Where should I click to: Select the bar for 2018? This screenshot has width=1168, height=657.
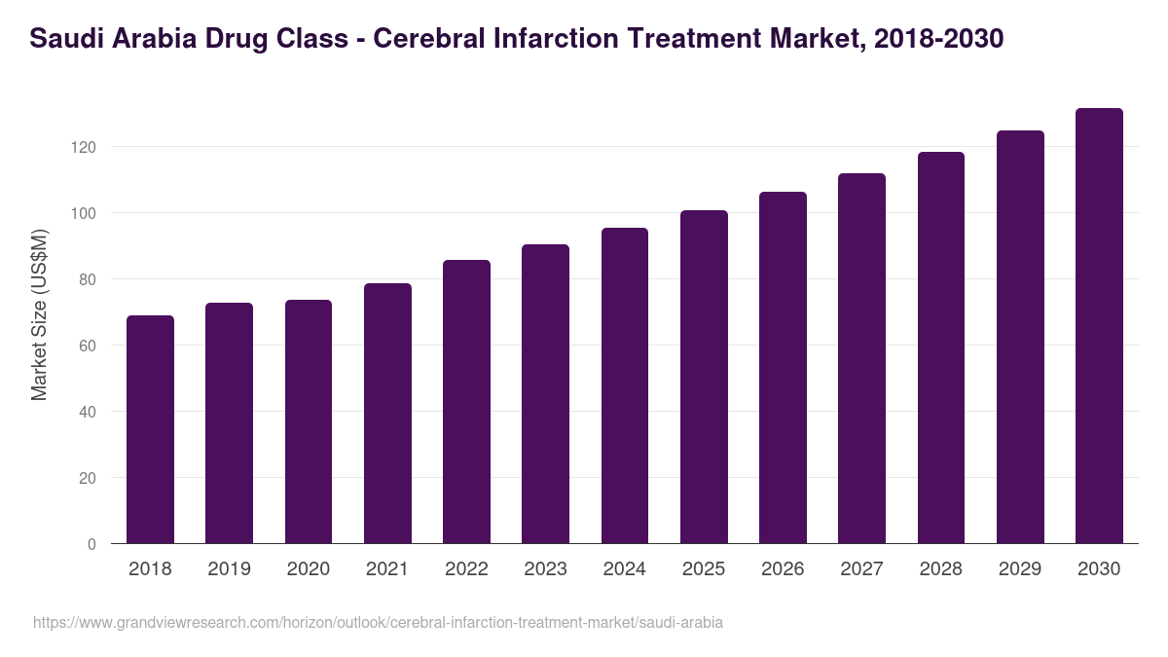point(150,429)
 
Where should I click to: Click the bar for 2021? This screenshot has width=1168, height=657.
point(387,414)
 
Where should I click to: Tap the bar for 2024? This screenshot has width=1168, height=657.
point(624,385)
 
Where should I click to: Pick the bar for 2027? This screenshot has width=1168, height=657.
point(861,358)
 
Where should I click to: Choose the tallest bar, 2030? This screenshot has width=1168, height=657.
point(1099,326)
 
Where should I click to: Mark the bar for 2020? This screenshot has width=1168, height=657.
point(309,421)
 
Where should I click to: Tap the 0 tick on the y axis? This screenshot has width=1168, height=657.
point(91,544)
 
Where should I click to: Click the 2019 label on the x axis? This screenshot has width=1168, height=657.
point(229,569)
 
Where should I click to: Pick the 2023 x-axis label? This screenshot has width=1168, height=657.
point(545,569)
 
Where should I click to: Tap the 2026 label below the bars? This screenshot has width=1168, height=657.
point(783,569)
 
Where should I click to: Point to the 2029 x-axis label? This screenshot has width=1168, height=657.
point(1020,569)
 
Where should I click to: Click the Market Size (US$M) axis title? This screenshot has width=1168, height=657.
point(39,314)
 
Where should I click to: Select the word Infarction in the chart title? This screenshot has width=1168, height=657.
point(564,39)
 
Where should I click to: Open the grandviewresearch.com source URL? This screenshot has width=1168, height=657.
point(378,622)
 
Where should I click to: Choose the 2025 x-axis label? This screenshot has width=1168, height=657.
point(704,569)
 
